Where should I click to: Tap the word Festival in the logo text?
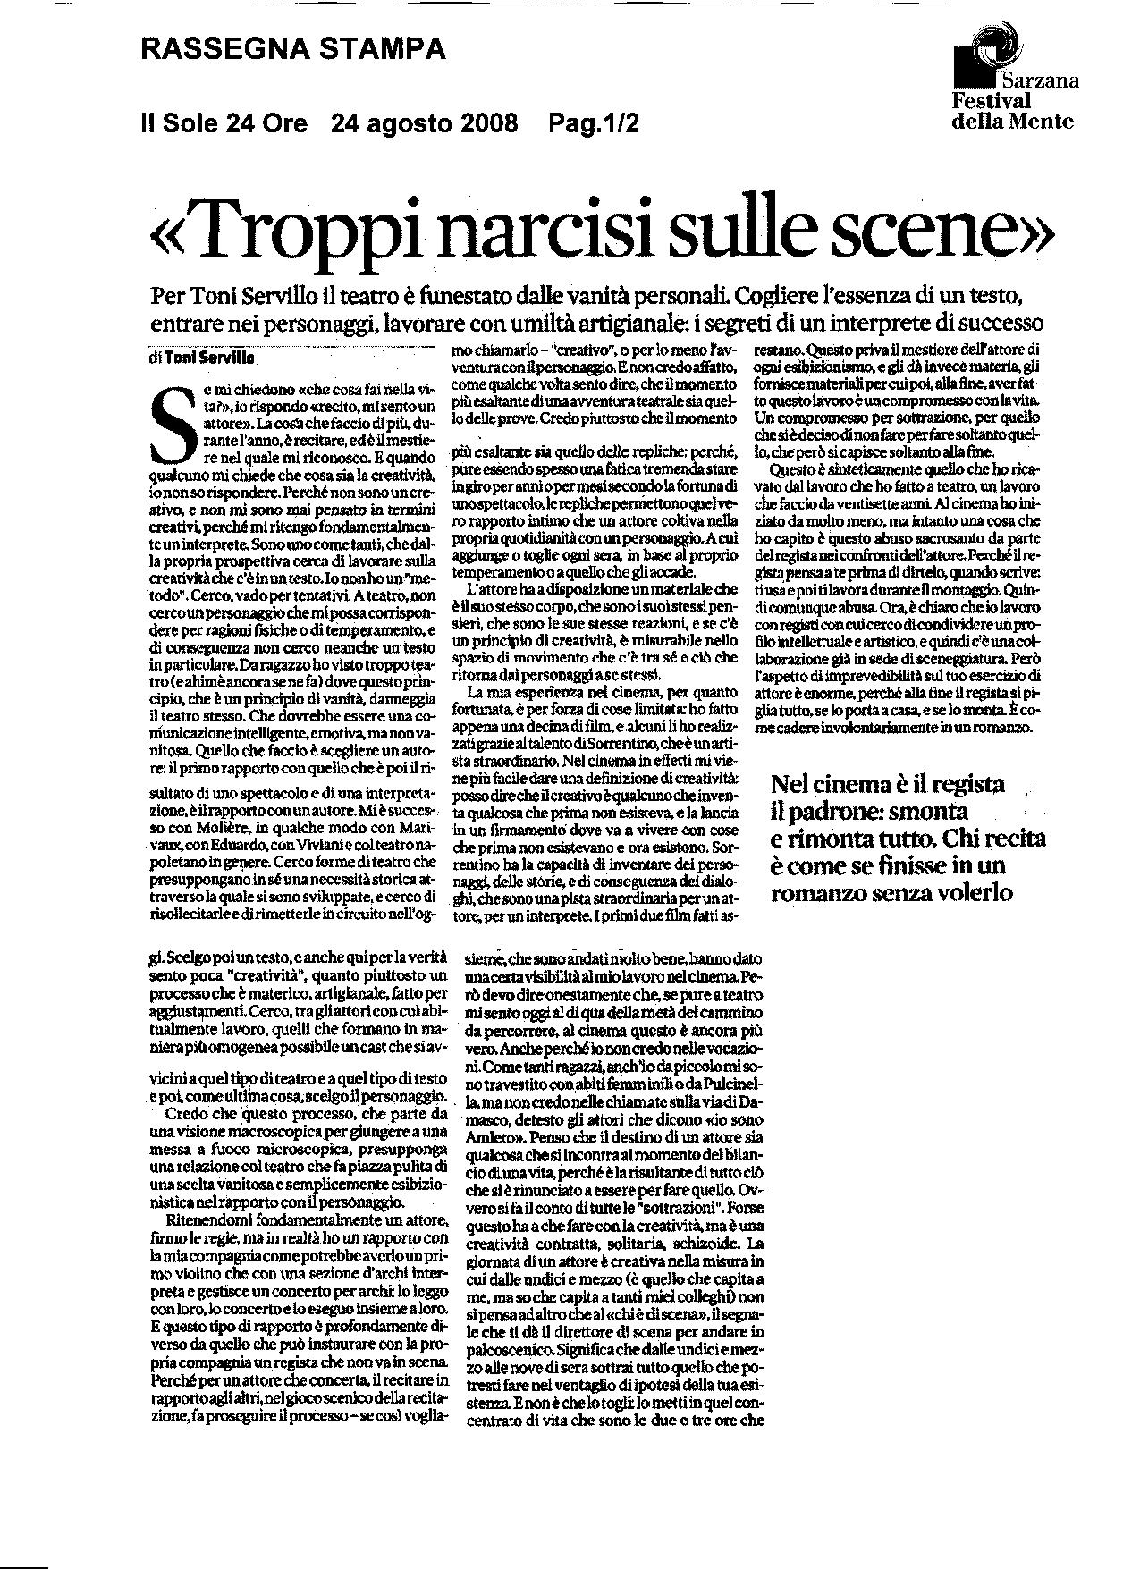pyautogui.click(x=991, y=102)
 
